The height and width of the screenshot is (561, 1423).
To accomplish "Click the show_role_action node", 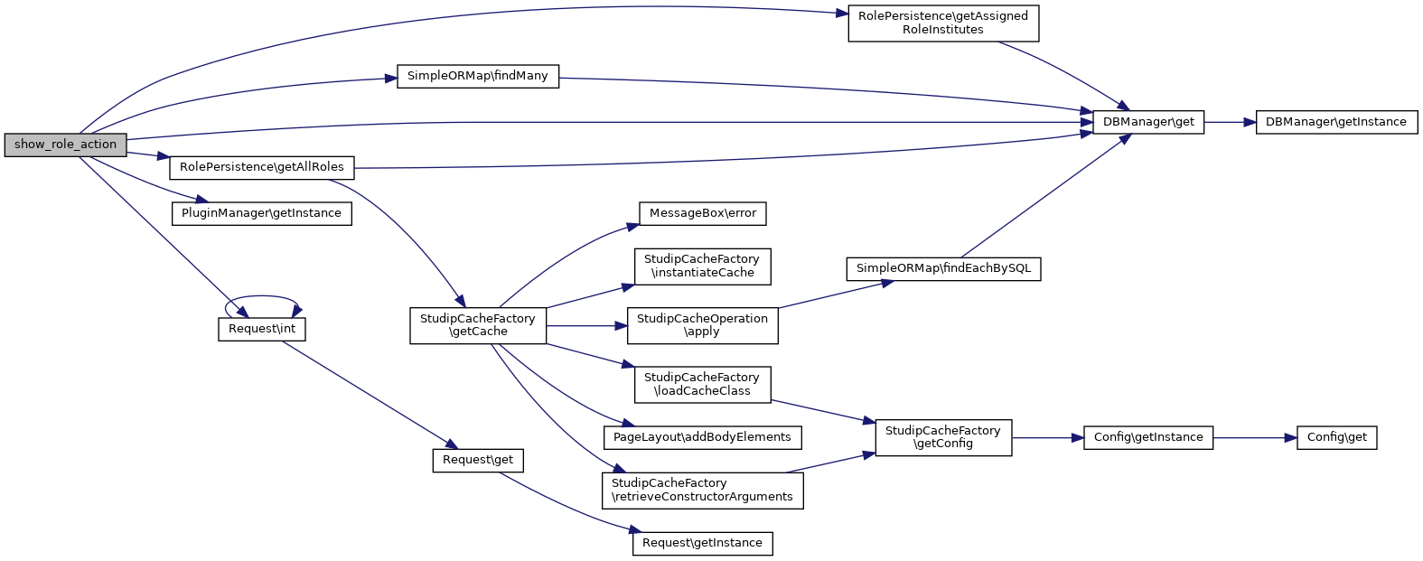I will click(65, 145).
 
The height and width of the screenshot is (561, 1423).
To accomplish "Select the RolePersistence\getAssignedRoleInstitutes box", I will click(942, 23).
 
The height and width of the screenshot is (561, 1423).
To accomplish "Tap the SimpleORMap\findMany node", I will click(478, 76).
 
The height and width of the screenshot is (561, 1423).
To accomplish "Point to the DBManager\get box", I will click(1147, 122).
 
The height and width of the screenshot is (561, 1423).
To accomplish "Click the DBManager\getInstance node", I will click(1335, 122).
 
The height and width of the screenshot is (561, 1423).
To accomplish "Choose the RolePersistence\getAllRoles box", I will click(262, 167).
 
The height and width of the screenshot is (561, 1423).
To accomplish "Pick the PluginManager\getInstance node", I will click(261, 213).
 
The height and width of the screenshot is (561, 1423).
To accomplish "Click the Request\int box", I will click(262, 329).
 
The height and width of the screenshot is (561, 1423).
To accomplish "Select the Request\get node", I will click(478, 460).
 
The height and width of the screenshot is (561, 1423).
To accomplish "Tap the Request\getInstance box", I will click(702, 544).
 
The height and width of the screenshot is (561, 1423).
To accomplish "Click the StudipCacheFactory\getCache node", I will click(478, 325).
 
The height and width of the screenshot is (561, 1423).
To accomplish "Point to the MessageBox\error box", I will click(702, 213).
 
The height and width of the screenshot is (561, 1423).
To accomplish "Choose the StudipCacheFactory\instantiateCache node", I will click(702, 266).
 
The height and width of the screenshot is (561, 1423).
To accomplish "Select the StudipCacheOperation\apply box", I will click(702, 325).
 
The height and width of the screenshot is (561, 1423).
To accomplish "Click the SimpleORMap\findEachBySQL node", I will click(942, 268).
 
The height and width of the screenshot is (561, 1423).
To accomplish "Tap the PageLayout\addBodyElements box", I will click(702, 437).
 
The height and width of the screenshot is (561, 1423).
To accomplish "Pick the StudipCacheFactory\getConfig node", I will click(942, 437).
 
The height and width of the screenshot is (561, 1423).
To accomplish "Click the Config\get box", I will click(1336, 437).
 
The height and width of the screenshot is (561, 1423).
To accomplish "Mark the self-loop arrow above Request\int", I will click(262, 297).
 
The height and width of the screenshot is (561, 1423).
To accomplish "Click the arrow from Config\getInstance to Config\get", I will click(1254, 437).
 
